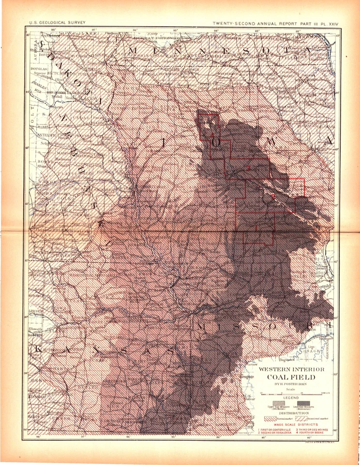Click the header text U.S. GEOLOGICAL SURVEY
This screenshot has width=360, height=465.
pos(52,23)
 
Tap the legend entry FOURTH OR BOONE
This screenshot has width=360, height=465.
pos(310,433)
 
